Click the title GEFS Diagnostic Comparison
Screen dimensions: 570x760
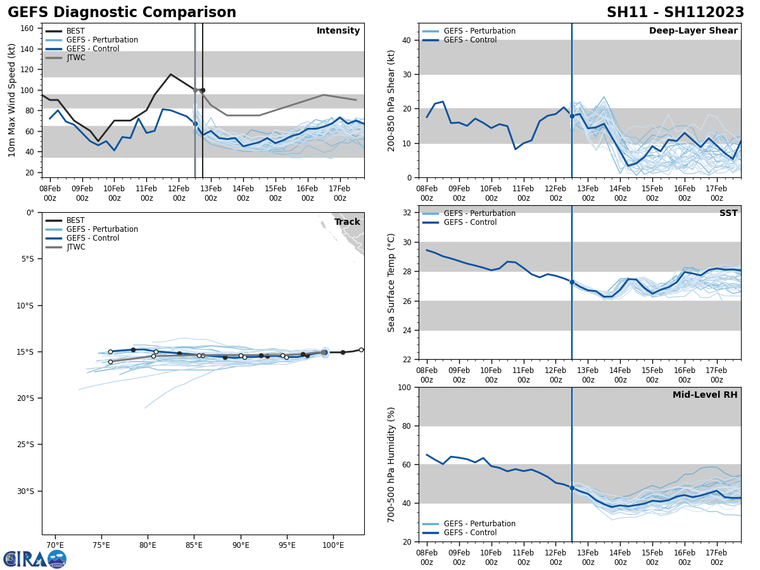[122, 13]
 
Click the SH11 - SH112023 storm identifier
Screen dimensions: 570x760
[675, 13]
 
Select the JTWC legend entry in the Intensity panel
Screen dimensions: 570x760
[75, 58]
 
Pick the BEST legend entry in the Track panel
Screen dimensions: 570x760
[75, 220]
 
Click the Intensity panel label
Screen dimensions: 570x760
[338, 31]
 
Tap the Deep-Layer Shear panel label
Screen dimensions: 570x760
[693, 31]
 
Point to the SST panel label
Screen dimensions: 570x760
[728, 213]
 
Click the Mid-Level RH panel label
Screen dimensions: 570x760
[705, 395]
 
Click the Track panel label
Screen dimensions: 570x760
[347, 222]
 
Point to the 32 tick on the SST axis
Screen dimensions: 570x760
[408, 213]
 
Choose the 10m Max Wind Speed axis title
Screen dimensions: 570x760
[12, 100]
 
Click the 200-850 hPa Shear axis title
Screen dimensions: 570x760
[391, 100]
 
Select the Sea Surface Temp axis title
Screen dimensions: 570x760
[391, 282]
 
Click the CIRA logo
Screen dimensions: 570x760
[35, 559]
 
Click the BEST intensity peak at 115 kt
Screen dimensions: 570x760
[170, 74]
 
